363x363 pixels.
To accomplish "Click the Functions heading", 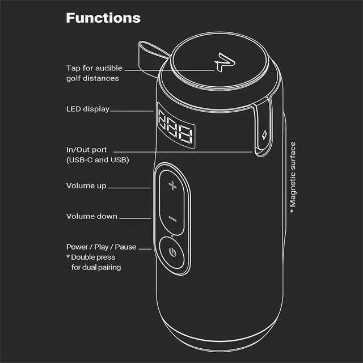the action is click(103, 18).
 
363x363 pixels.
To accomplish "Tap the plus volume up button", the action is click(172, 186).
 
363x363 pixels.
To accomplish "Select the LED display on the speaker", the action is click(175, 130).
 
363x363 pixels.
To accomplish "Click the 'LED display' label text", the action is click(87, 109).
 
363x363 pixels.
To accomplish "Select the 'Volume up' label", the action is click(86, 186).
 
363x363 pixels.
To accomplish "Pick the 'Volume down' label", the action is click(91, 216).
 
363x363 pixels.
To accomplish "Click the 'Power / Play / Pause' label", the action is click(101, 247).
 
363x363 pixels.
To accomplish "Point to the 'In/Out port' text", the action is click(86, 150).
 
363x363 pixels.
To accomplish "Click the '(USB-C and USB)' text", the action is click(98, 160).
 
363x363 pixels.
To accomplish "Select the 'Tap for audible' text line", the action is click(94, 69).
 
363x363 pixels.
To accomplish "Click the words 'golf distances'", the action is click(92, 79).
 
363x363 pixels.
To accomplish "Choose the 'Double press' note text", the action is click(93, 258).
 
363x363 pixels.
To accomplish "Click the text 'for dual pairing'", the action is click(96, 267).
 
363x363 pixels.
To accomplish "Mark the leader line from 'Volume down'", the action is click(136, 217).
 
